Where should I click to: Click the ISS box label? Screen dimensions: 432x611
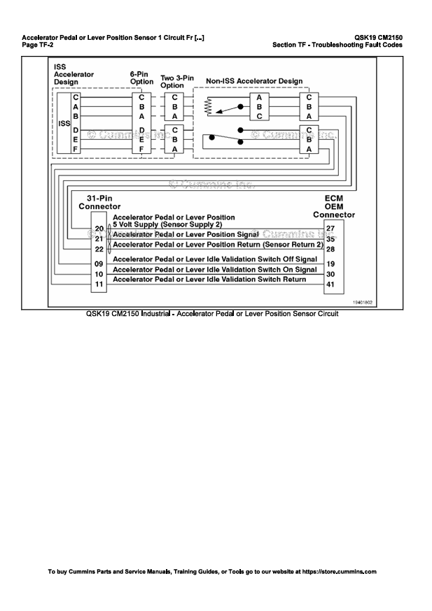point(64,124)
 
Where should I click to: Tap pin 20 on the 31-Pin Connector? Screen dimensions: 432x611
point(99,229)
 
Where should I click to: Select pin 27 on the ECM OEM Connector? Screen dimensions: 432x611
point(330,229)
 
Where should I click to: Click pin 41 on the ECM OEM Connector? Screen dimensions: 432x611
point(330,285)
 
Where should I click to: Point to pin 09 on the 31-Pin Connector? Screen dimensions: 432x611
point(99,264)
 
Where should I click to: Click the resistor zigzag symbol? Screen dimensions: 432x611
point(208,106)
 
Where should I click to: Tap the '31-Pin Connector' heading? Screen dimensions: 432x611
point(99,202)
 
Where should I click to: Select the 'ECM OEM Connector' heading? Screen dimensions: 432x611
point(334,206)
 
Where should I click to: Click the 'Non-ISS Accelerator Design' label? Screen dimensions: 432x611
point(254,81)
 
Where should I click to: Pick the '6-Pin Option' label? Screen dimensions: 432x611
point(141,78)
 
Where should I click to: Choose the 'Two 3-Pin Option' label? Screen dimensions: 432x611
point(177,81)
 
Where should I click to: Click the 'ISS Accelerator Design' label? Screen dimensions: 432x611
point(74,74)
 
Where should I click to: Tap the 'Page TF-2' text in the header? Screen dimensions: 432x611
point(38,45)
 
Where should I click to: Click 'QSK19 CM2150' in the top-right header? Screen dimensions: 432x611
point(379,38)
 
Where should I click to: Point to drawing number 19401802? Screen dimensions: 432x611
point(363,303)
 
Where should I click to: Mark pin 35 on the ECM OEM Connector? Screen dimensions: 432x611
point(330,239)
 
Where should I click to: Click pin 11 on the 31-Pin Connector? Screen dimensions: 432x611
point(99,285)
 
